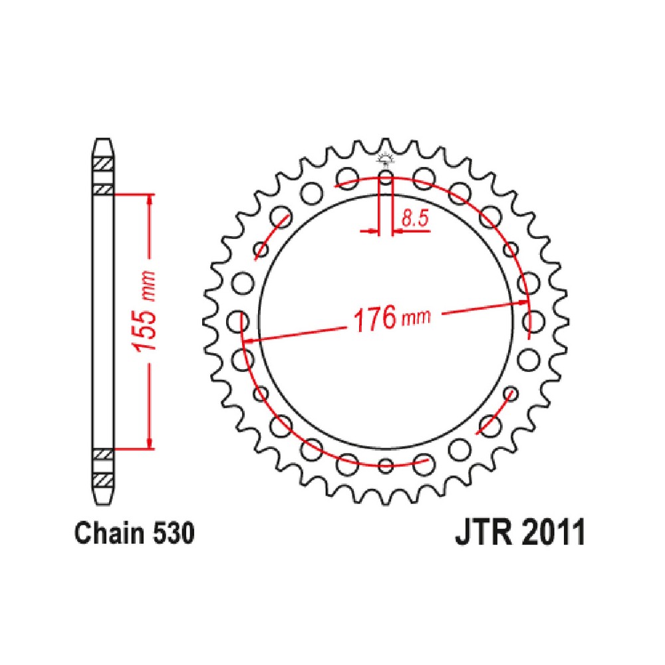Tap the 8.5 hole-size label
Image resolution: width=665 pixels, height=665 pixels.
[415, 217]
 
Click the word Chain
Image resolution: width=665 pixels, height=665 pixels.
[110, 533]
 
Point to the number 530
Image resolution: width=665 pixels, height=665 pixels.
[173, 533]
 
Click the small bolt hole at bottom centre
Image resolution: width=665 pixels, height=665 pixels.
[386, 465]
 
